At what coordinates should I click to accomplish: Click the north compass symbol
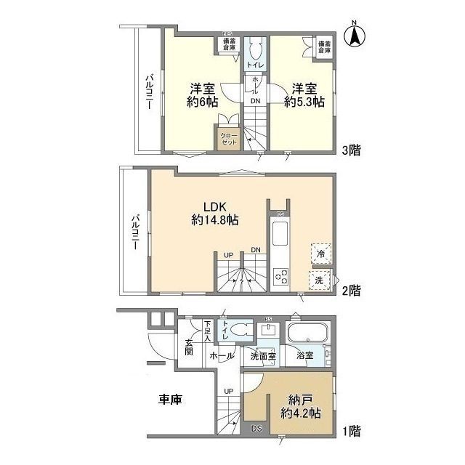pyautogui.click(x=357, y=36)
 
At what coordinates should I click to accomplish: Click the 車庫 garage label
pyautogui.click(x=171, y=399)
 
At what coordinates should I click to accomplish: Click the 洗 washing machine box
pyautogui.click(x=320, y=279)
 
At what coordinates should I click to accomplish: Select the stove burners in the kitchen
pyautogui.click(x=280, y=277)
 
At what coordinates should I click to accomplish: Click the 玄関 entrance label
pyautogui.click(x=188, y=347)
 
